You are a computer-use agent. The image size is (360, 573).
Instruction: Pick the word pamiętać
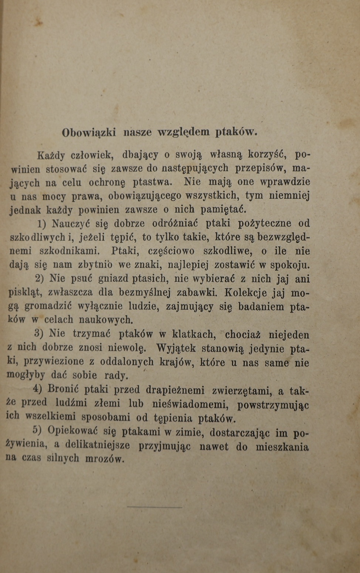(224, 210)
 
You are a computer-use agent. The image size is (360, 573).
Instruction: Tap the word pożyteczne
(264, 224)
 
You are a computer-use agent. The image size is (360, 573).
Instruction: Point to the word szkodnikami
(70, 251)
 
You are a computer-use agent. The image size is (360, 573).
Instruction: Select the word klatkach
(194, 334)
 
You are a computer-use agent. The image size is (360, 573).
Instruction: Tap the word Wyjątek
(176, 348)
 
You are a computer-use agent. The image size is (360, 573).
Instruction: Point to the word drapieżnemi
(175, 390)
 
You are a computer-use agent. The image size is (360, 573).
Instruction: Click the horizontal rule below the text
(154, 507)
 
